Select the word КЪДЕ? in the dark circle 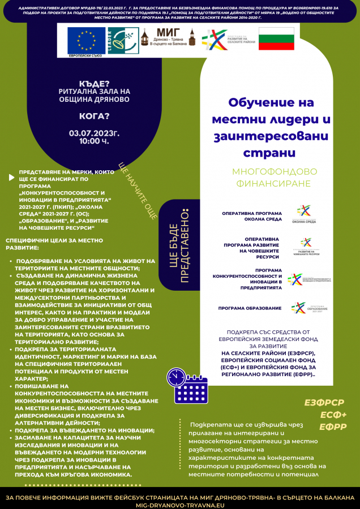(x=95, y=83)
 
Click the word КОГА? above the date (x=95, y=117)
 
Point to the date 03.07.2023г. (x=95, y=133)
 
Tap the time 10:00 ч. (x=94, y=141)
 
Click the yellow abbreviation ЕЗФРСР (x=324, y=402)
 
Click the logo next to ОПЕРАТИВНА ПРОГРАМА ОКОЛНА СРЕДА (x=305, y=214)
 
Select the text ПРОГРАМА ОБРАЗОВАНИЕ (x=250, y=308)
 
